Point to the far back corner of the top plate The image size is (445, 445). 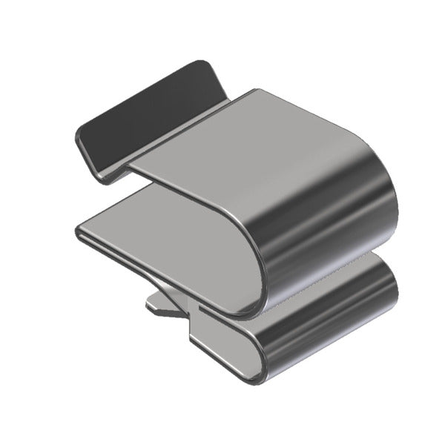(x=256, y=91)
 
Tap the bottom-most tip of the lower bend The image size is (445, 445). (x=256, y=380)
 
